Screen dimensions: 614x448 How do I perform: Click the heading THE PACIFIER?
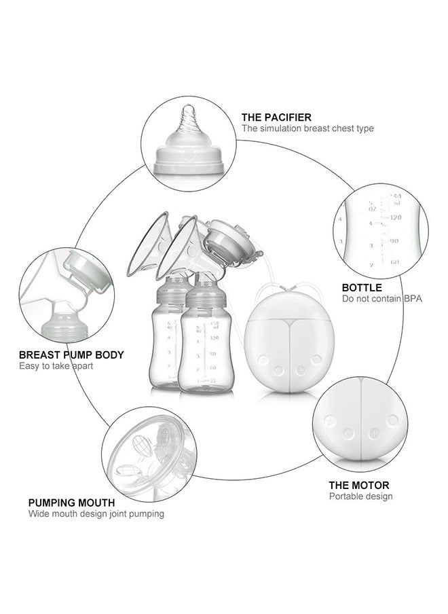276,118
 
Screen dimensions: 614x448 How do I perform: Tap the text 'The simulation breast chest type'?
307,128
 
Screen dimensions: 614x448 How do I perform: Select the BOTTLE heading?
362,288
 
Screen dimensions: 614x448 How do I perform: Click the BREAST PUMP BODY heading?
71,355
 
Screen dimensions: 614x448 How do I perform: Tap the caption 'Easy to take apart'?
56,366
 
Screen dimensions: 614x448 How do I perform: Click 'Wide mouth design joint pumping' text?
96,514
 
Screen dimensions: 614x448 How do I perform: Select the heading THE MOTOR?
359,485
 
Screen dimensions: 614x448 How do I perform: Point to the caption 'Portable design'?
360,496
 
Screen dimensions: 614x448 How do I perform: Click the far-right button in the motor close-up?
392,420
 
